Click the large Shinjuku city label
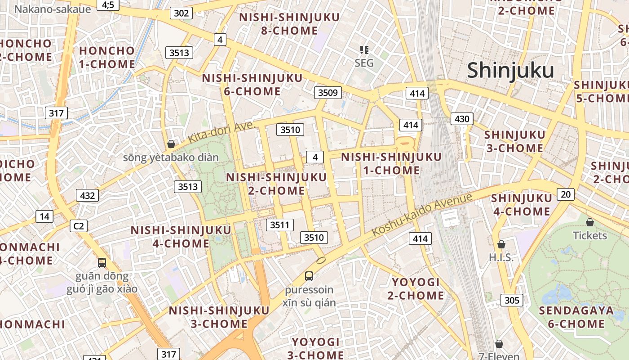[510, 71]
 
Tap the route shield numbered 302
[181, 13]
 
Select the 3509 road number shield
[328, 93]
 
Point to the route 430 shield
[462, 119]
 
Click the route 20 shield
[566, 194]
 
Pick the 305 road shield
[512, 300]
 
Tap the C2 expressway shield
[78, 225]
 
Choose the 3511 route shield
[279, 225]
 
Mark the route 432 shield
[88, 195]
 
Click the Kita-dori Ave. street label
[221, 132]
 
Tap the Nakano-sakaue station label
[53, 9]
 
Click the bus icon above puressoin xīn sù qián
[309, 276]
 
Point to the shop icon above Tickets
[590, 222]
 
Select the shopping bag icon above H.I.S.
[501, 244]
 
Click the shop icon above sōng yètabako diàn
[171, 144]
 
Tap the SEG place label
[364, 63]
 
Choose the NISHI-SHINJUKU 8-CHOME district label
[289, 24]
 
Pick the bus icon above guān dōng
[102, 262]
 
